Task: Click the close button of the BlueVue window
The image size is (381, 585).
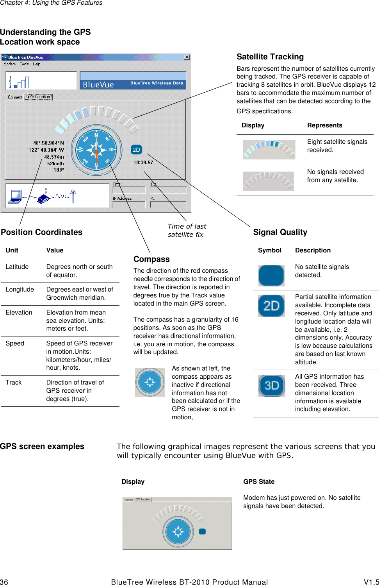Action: click(187, 57)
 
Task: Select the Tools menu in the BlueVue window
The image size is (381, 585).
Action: click(24, 64)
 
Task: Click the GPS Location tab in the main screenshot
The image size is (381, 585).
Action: click(38, 97)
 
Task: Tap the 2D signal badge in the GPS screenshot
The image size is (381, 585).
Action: click(136, 150)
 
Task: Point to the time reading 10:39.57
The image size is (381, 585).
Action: click(143, 162)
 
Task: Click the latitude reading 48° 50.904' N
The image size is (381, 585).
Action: click(48, 143)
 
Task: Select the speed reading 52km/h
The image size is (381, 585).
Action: click(55, 164)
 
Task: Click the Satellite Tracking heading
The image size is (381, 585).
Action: click(270, 57)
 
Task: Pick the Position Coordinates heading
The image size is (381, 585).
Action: click(42, 232)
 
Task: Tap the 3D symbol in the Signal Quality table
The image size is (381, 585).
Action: click(272, 386)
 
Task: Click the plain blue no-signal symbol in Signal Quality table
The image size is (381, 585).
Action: click(271, 276)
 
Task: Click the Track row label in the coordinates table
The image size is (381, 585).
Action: click(14, 383)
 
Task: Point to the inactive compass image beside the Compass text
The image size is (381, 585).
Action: click(150, 382)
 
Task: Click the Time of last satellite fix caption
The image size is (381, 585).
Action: click(187, 230)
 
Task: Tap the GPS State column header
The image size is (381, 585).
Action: click(259, 481)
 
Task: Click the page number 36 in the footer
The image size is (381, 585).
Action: click(4, 582)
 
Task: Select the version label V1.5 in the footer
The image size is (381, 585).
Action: click(372, 582)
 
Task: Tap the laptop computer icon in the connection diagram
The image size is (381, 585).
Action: click(16, 197)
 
